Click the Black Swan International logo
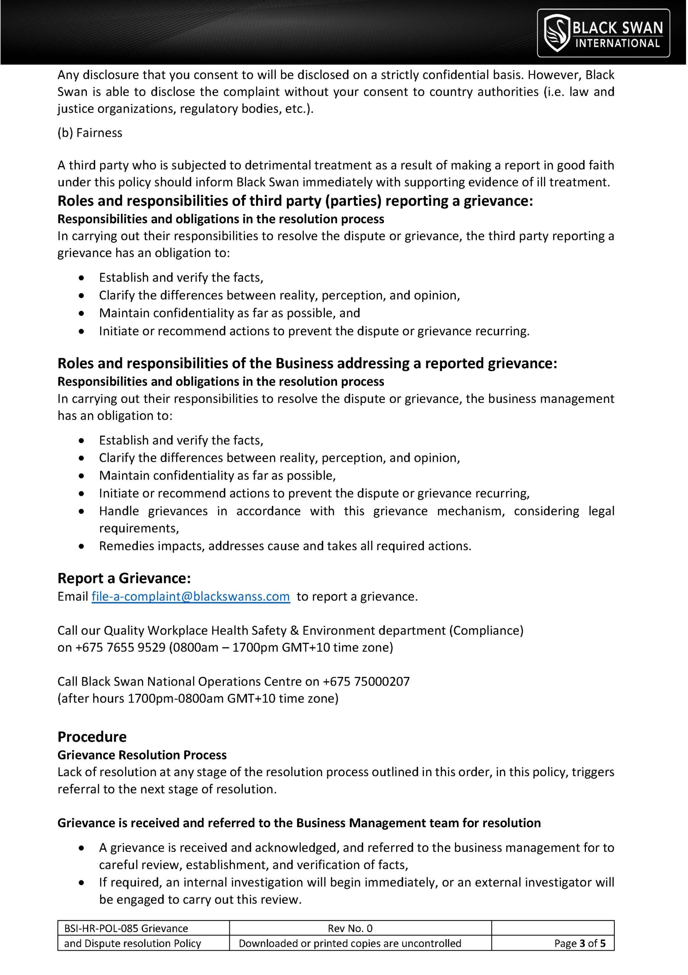tap(603, 33)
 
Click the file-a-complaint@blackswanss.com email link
tap(191, 597)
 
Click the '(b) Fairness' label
tap(90, 133)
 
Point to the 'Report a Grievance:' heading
tap(124, 579)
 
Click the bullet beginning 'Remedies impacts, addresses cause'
tap(285, 546)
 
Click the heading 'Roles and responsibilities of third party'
tap(295, 201)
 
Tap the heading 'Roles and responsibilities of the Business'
tap(307, 363)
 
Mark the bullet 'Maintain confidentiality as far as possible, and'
tap(229, 313)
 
